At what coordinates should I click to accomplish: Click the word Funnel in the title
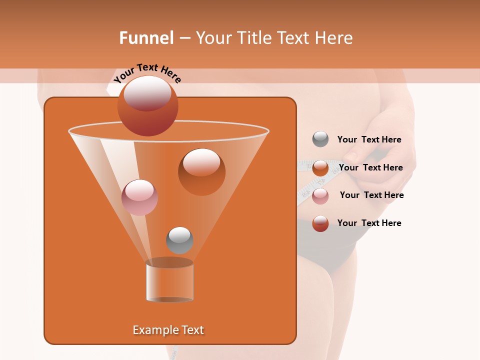tap(146, 38)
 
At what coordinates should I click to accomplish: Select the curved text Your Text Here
tap(147, 73)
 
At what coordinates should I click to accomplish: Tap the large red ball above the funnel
tap(147, 105)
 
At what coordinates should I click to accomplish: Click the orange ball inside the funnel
tap(201, 171)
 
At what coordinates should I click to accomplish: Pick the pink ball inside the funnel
tap(139, 197)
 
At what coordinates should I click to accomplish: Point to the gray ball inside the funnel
tap(179, 240)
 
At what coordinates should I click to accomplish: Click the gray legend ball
tap(320, 139)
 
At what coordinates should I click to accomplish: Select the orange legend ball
tap(320, 168)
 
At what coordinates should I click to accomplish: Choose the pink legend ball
tap(320, 195)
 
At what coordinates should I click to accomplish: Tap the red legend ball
tap(320, 223)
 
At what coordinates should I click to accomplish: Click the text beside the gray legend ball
tap(369, 139)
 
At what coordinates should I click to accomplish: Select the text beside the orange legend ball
tap(370, 167)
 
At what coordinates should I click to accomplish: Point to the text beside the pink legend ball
tap(371, 195)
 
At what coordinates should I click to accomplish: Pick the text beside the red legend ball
tap(369, 223)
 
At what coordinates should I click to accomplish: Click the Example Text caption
tap(168, 330)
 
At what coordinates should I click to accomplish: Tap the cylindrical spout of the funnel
tap(169, 281)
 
